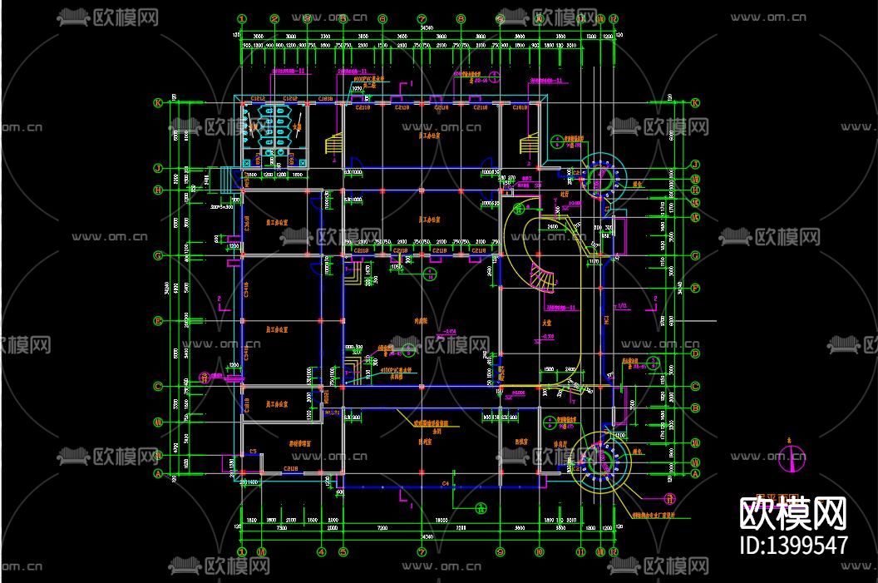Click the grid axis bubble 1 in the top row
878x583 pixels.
coord(242,18)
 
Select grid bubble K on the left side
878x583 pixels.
coord(157,103)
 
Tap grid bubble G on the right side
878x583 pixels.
coord(695,256)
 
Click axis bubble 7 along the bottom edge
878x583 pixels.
coord(422,551)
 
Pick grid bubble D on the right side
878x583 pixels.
coord(695,353)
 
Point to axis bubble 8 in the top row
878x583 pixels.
coord(461,18)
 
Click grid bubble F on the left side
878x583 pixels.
coord(157,321)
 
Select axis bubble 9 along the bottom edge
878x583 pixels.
coord(500,551)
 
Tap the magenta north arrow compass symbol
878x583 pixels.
coord(796,456)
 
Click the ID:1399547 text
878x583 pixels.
coord(793,546)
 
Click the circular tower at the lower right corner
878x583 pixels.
coord(603,461)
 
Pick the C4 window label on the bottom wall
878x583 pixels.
coord(446,483)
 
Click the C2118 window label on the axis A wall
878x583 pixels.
coord(291,469)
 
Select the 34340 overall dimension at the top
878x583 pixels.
coord(426,28)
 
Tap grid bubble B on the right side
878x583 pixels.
coord(695,408)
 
